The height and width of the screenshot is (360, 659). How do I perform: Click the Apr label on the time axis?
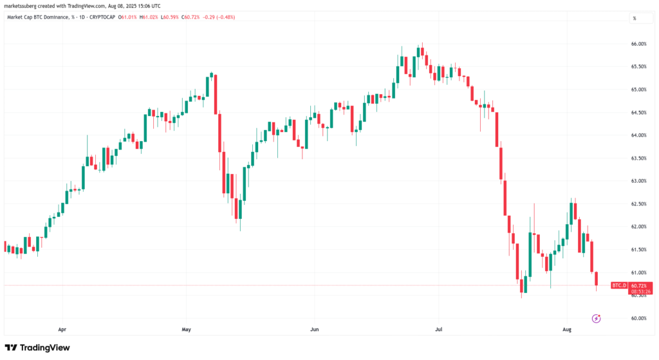point(62,329)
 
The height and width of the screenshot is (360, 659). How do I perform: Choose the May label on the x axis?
point(187,329)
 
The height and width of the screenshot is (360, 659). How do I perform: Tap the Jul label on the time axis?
point(438,329)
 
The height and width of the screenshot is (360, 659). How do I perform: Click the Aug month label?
point(568,329)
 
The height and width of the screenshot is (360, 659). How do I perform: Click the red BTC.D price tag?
point(618,285)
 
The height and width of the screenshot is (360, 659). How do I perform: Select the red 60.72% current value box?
point(639,285)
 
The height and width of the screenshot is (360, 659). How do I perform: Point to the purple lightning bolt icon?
point(596,318)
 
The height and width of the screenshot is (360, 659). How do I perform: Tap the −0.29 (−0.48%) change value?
point(218,17)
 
